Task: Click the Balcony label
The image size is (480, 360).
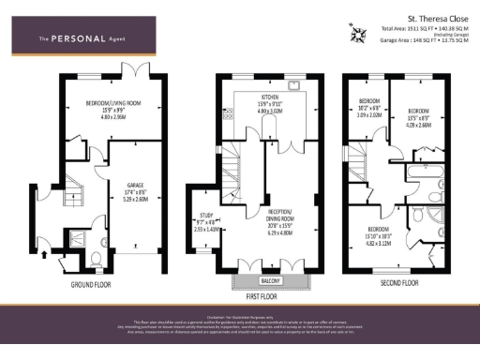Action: (274, 281)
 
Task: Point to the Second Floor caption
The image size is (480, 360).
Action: (397, 280)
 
